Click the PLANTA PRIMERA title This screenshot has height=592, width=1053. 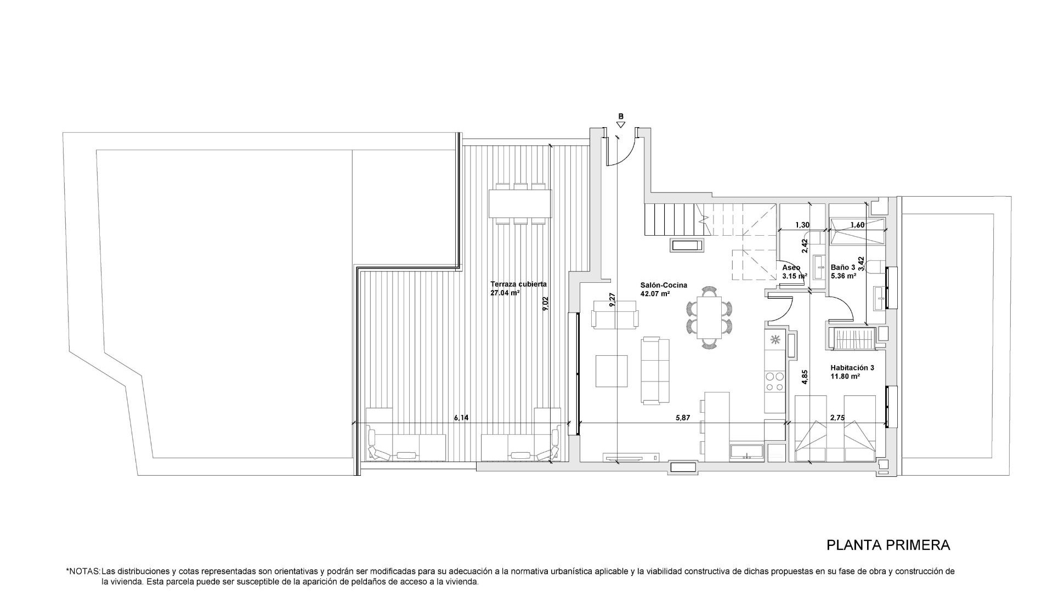[x=888, y=545]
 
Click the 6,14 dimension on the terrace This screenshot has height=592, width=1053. [x=461, y=418]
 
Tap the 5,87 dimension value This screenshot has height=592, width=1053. [x=682, y=418]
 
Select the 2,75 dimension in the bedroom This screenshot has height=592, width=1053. [x=837, y=418]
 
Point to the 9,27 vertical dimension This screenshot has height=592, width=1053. [x=612, y=299]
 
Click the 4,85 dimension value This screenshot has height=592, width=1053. [x=805, y=378]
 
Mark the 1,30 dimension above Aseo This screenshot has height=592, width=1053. [x=802, y=225]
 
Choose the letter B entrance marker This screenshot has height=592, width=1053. [x=621, y=116]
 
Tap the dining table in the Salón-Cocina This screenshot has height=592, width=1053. [x=709, y=317]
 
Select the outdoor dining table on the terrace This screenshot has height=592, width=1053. [x=519, y=203]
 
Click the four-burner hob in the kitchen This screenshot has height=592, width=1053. [x=775, y=382]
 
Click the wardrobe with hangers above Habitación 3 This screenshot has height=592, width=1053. [x=852, y=338]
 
